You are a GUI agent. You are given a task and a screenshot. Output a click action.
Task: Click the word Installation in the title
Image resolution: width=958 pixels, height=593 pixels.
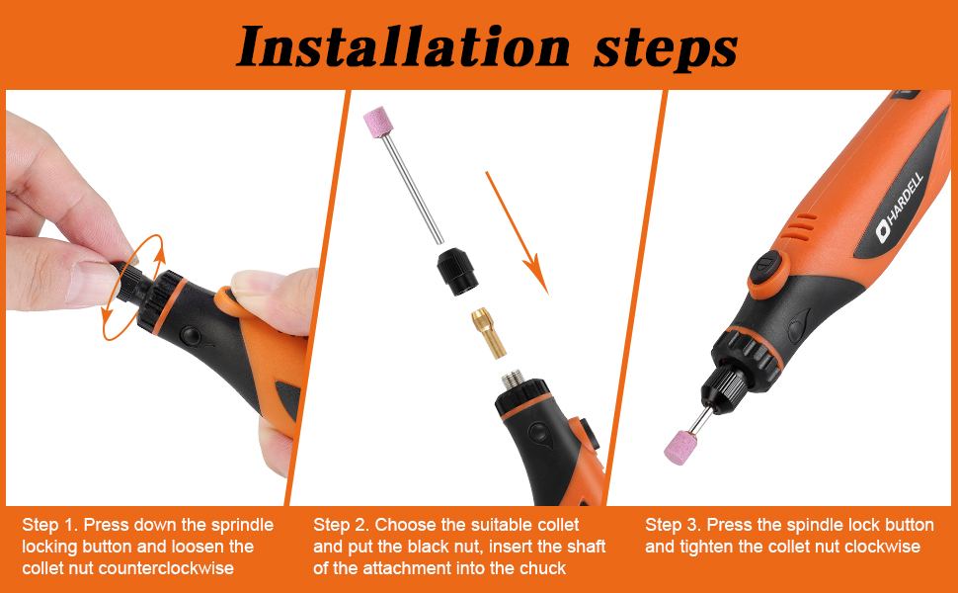403,46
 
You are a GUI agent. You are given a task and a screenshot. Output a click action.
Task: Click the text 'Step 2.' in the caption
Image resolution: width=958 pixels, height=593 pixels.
341,525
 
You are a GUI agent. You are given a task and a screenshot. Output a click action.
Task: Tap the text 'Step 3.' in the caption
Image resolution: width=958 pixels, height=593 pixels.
673,525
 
